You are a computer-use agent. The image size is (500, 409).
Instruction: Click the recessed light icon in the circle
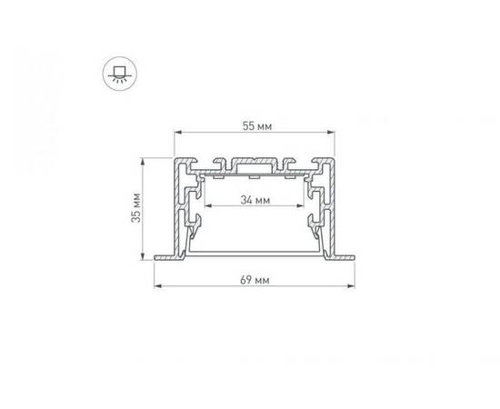point(117,71)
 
